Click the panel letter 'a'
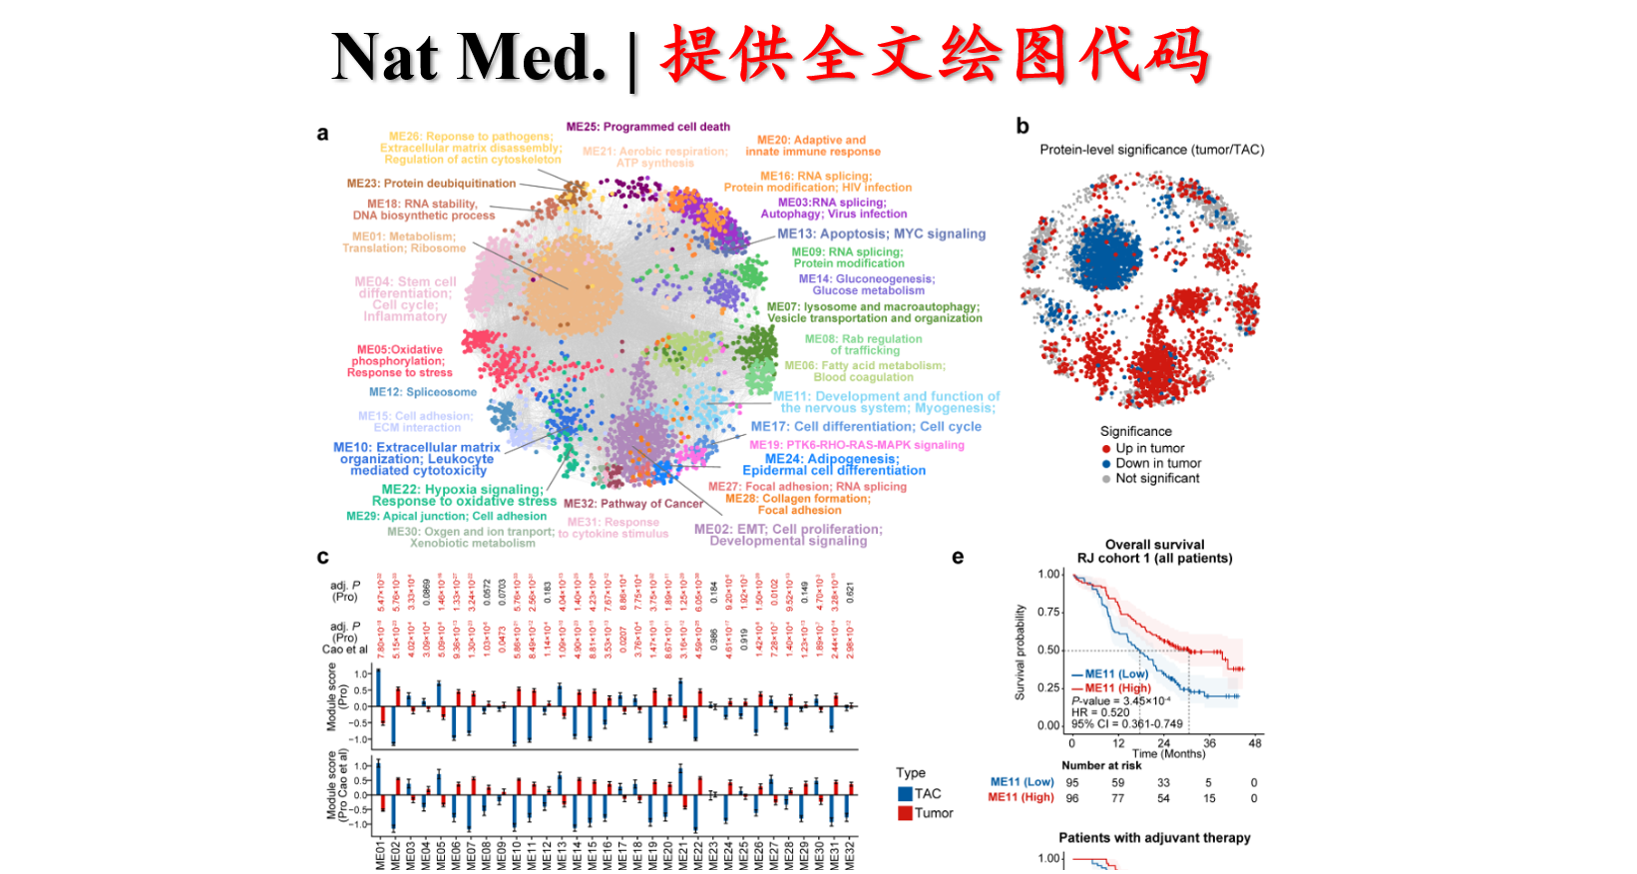pyautogui.click(x=322, y=134)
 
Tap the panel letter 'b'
pyautogui.click(x=1023, y=126)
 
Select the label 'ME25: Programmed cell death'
pyautogui.click(x=647, y=127)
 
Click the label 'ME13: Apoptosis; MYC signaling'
pyautogui.click(x=881, y=233)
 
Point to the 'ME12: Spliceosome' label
pyautogui.click(x=422, y=392)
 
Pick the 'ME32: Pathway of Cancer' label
pyautogui.click(x=632, y=504)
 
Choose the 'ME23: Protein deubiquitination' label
pyautogui.click(x=431, y=184)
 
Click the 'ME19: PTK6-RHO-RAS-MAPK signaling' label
pyautogui.click(x=856, y=445)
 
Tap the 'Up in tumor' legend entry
pyautogui.click(x=1149, y=449)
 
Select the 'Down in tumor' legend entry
pyautogui.click(x=1157, y=464)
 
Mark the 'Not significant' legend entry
pyautogui.click(x=1157, y=479)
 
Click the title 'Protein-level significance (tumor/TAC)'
pyautogui.click(x=1151, y=150)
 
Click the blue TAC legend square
pyautogui.click(x=906, y=794)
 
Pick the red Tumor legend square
pyautogui.click(x=906, y=813)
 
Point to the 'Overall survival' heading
pyautogui.click(x=1154, y=545)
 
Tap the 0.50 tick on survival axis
pyautogui.click(x=1048, y=650)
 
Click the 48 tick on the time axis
pyautogui.click(x=1255, y=743)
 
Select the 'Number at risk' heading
pyautogui.click(x=1101, y=765)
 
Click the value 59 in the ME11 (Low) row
pyautogui.click(x=1118, y=783)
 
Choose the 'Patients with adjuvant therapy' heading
pyautogui.click(x=1154, y=838)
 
